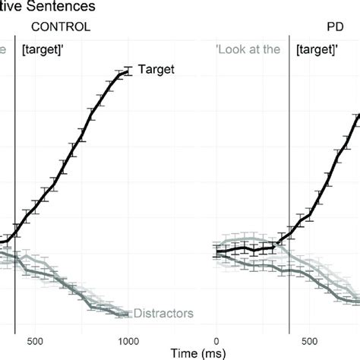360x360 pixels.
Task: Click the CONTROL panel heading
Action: (60, 27)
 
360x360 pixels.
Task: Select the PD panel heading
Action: (330, 27)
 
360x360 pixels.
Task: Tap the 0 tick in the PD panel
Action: (216, 339)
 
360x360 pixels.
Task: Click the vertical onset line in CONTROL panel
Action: (15, 190)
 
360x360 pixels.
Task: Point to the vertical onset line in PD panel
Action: (289, 190)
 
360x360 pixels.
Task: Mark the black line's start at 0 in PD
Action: (217, 250)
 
